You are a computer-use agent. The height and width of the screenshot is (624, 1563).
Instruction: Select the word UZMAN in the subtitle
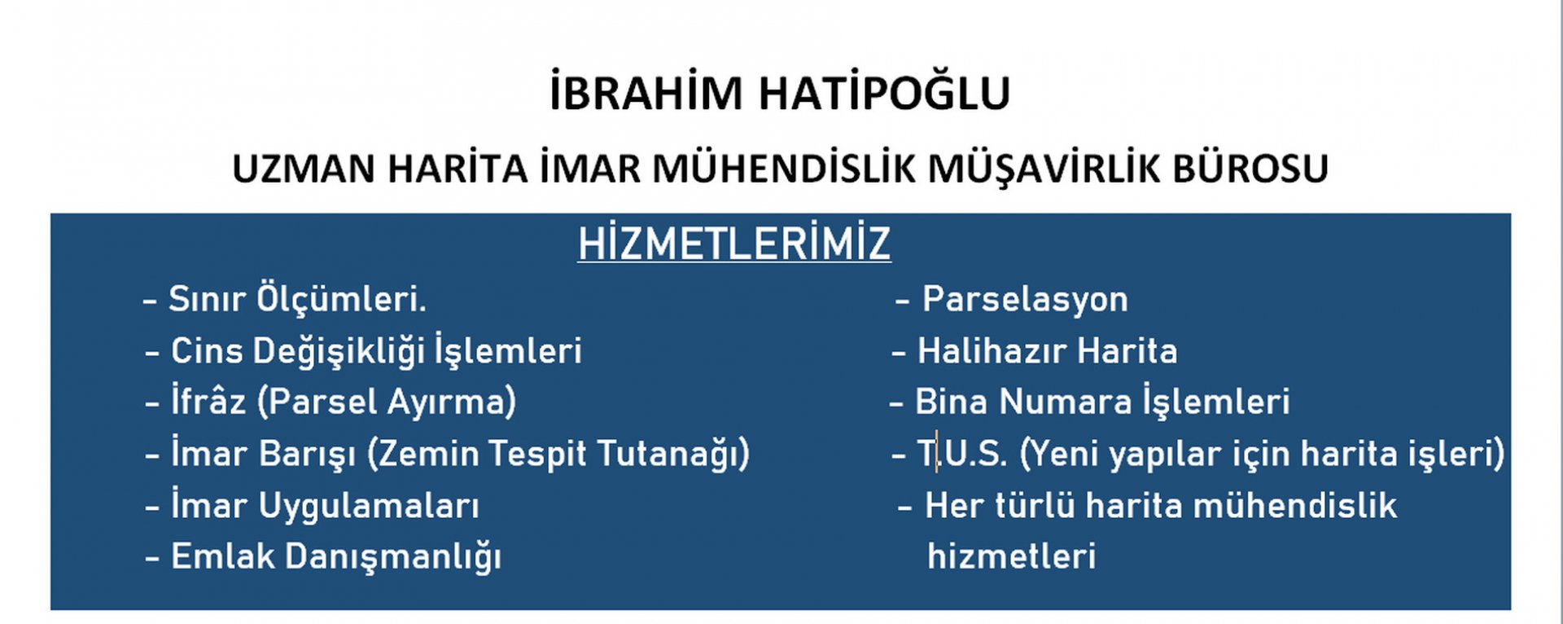click(x=303, y=169)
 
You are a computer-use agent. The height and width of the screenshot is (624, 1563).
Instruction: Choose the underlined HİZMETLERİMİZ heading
click(x=734, y=243)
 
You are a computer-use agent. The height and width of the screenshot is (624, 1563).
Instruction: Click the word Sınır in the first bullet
click(x=207, y=299)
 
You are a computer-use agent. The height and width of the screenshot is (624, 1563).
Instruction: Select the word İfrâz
click(x=208, y=402)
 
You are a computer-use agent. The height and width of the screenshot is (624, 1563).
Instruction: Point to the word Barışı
click(x=308, y=455)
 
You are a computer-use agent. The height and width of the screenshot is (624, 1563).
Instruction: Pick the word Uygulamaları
click(x=369, y=507)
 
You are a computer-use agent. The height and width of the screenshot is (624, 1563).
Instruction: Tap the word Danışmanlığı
click(x=393, y=558)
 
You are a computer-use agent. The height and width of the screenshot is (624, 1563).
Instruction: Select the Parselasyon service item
click(x=1025, y=300)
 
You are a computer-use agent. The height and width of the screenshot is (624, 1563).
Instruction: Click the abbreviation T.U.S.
click(x=963, y=454)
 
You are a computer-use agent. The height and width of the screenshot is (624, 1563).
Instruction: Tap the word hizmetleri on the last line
click(x=1012, y=557)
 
